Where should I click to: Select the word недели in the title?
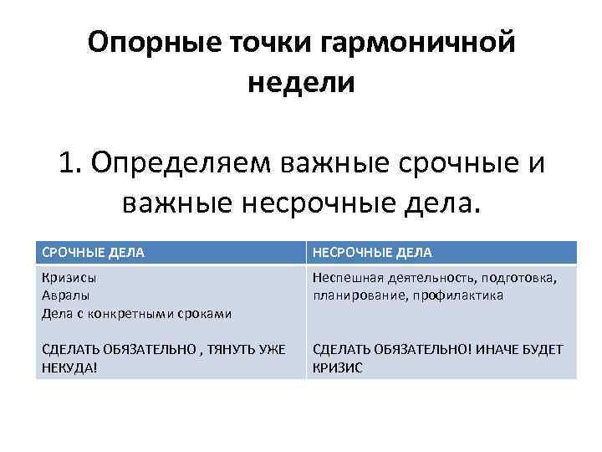point(301,82)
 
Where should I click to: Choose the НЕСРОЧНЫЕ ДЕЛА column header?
point(372,252)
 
